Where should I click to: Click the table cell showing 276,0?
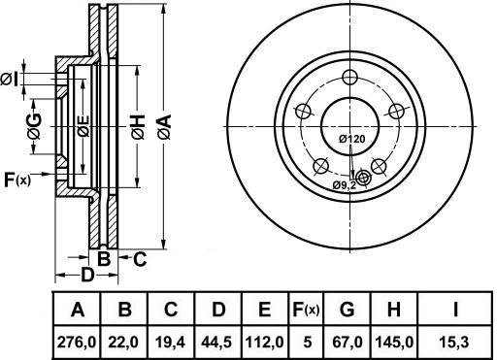point(77,343)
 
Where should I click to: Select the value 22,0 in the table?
point(123,343)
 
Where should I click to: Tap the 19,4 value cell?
point(171,343)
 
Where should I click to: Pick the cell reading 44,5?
point(216,343)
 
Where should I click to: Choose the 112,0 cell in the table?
point(265,343)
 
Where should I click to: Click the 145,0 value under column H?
point(394,343)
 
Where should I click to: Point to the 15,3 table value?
point(455,343)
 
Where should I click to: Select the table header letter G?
point(347,309)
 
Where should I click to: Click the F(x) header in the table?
point(306,310)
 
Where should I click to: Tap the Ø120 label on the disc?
point(352,139)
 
